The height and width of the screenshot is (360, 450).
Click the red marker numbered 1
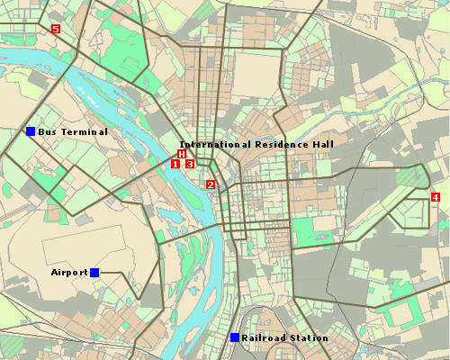click(x=176, y=164)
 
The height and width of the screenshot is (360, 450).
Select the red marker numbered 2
click(x=211, y=184)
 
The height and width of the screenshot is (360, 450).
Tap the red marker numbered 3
click(x=189, y=164)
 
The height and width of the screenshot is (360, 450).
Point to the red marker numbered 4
click(x=436, y=196)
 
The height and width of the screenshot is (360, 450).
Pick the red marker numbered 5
click(x=56, y=30)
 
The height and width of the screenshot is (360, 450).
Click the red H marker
click(x=182, y=155)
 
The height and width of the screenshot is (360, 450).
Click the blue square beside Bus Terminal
click(x=30, y=132)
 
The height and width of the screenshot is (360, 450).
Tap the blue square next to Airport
click(x=94, y=272)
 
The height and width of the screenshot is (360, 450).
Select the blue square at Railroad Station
click(x=234, y=337)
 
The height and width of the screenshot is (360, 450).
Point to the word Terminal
click(x=85, y=132)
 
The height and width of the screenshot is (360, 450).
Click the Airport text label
click(x=69, y=272)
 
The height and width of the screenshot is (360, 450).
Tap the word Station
click(x=308, y=338)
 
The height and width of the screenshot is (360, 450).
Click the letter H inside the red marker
click(x=182, y=155)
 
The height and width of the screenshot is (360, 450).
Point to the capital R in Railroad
click(x=245, y=338)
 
